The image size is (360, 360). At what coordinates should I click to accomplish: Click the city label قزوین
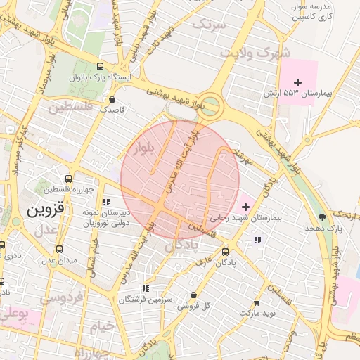click(x=46, y=210)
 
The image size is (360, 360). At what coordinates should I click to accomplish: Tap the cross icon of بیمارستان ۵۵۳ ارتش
click(x=298, y=83)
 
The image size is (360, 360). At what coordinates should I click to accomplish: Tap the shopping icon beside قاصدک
click(x=113, y=100)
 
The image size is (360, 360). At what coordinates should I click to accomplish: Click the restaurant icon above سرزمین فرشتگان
click(x=146, y=288)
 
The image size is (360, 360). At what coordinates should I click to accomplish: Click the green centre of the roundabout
click(x=212, y=108)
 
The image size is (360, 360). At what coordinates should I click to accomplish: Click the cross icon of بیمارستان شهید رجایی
click(x=245, y=207)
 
